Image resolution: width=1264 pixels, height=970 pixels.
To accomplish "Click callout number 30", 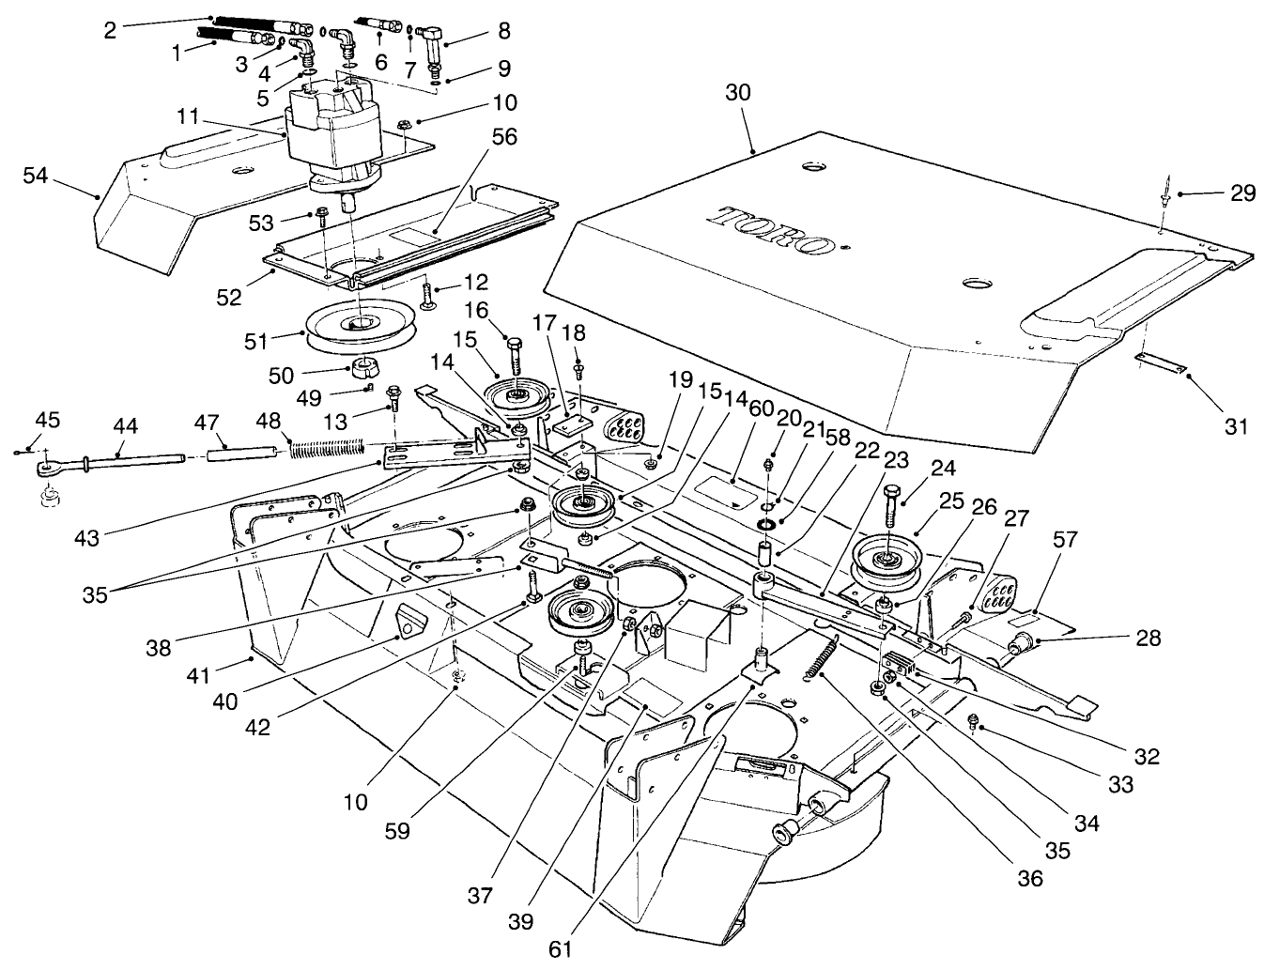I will tap(738, 92).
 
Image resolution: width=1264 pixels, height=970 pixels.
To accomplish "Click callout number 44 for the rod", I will tap(124, 426).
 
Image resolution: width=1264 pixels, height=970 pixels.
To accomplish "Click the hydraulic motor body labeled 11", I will tap(333, 127).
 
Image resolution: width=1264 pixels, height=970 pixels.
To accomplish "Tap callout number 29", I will tap(1242, 192).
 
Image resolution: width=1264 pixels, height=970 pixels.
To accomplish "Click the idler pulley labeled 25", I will tap(886, 562).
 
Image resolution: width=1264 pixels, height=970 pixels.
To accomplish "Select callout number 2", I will tap(110, 29).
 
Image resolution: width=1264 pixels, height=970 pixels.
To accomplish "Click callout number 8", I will tap(504, 30).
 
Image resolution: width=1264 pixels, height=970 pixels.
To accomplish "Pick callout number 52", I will tap(229, 297).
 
